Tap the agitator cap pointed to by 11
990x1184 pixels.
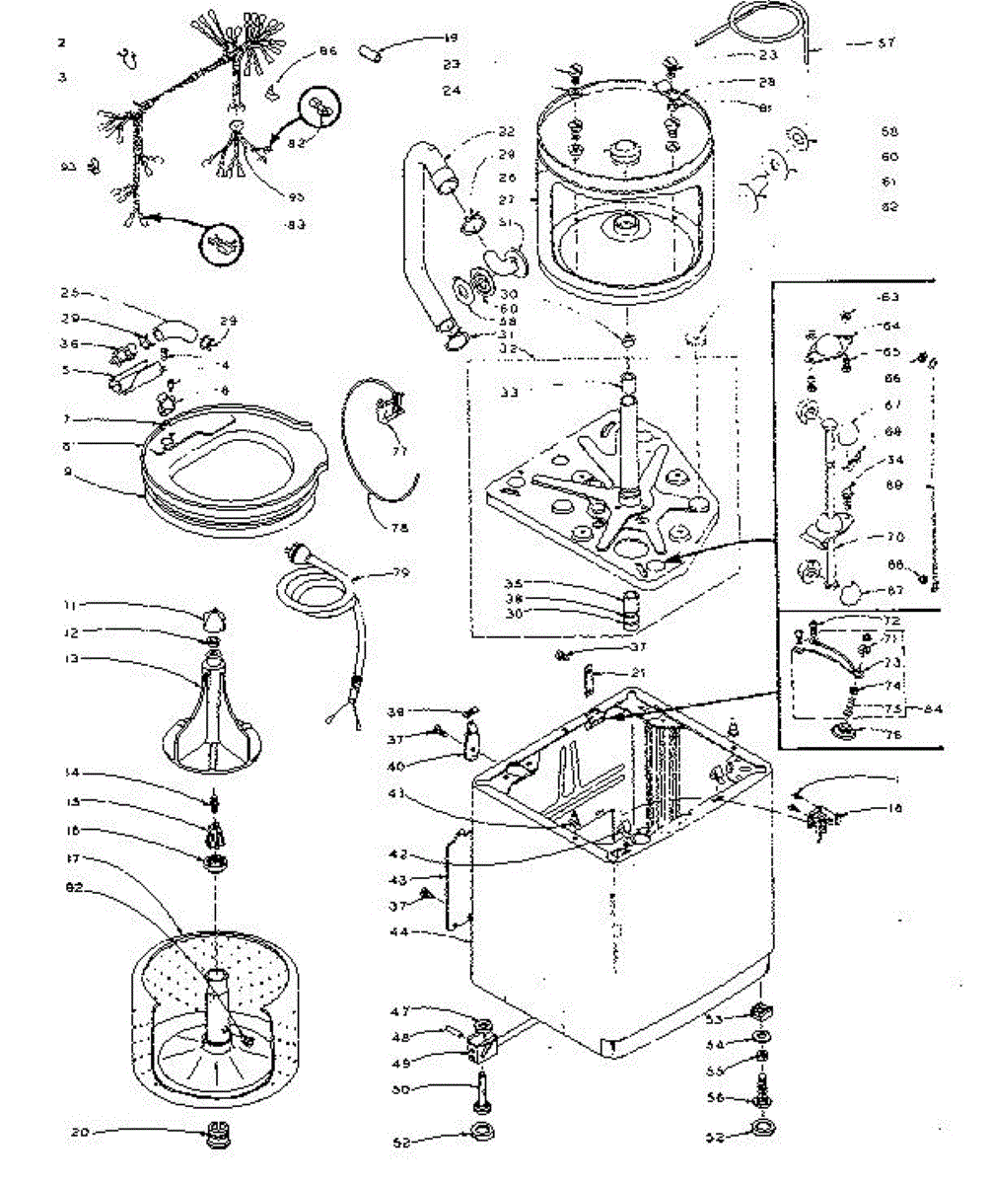[215, 619]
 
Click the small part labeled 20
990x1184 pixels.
[214, 1135]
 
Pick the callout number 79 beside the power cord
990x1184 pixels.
[399, 572]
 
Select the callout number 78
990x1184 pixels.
[398, 527]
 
